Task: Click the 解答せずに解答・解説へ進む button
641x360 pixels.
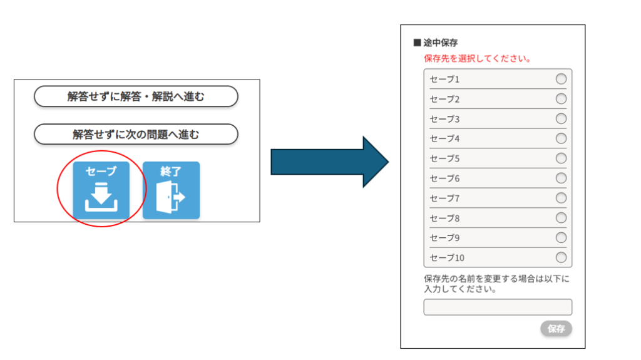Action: coord(136,97)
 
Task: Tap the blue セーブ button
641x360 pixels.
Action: coord(101,190)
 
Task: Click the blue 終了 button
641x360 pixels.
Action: coord(171,190)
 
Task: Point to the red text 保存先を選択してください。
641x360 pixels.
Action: coord(478,59)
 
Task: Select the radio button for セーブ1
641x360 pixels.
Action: coord(561,79)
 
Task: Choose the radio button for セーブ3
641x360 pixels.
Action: coord(561,118)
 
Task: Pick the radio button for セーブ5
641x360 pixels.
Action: coord(561,158)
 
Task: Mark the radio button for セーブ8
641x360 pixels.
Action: coord(561,218)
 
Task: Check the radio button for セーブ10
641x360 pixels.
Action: coord(561,257)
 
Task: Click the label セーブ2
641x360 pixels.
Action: coord(444,99)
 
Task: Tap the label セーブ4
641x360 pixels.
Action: coord(444,138)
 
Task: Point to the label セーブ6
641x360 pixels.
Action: coord(444,178)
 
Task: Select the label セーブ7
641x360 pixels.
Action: coord(444,198)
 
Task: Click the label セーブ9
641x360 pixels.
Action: coord(444,238)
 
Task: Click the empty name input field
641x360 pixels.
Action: coord(498,307)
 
